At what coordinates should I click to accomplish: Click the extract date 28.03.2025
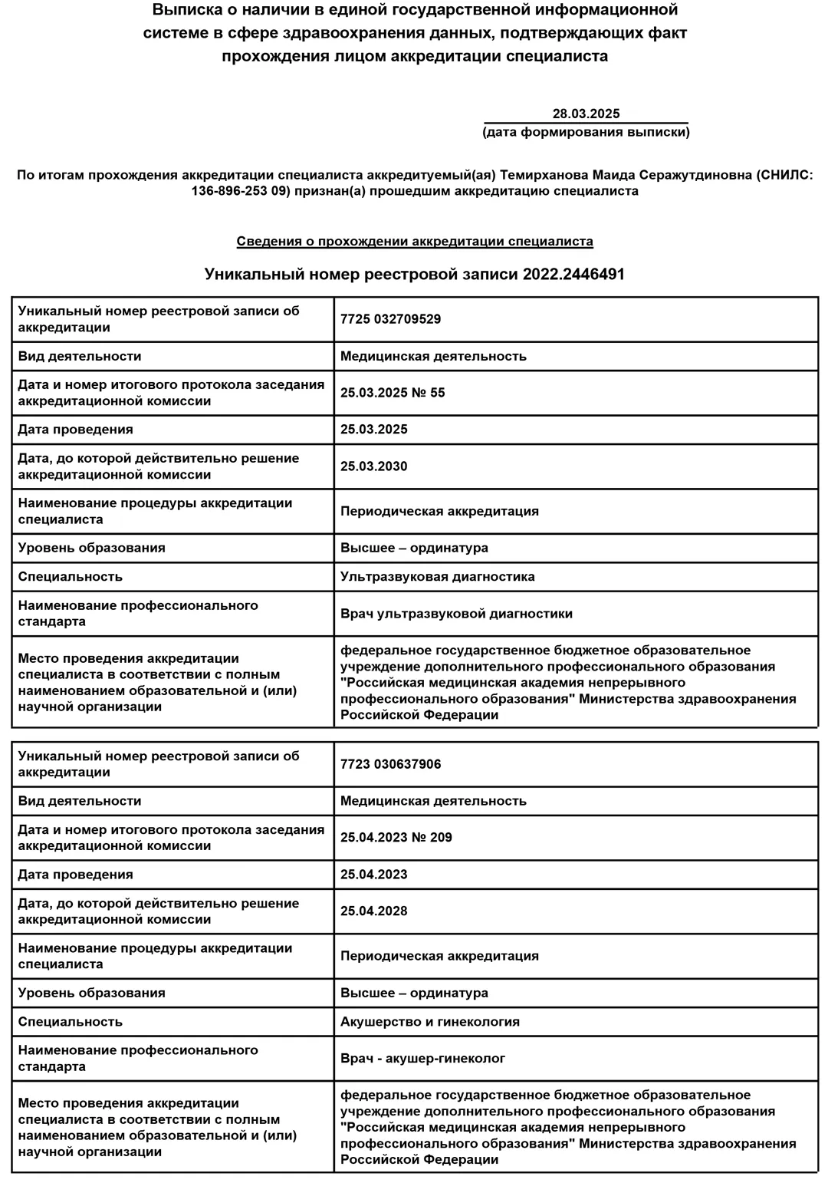(586, 114)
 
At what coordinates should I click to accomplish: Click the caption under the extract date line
(586, 132)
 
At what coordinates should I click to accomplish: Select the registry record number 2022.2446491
(573, 274)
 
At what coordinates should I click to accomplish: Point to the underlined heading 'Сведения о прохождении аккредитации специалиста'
(414, 241)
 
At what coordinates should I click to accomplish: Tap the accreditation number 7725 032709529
(390, 319)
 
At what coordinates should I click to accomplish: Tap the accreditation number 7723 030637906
(390, 764)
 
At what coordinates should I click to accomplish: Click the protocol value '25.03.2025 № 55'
(393, 393)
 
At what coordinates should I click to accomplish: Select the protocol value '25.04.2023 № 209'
(396, 838)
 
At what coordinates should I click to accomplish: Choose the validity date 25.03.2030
(374, 466)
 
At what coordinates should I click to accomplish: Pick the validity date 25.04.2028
(374, 911)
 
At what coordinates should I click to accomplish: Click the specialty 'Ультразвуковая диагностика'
(438, 576)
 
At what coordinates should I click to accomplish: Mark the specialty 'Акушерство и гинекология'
(430, 1021)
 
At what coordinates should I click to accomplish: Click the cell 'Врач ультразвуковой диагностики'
(456, 614)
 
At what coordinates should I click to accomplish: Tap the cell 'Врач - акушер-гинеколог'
(423, 1059)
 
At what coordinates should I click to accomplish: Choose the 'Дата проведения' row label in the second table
(75, 875)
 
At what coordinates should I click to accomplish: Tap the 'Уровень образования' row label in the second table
(91, 993)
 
